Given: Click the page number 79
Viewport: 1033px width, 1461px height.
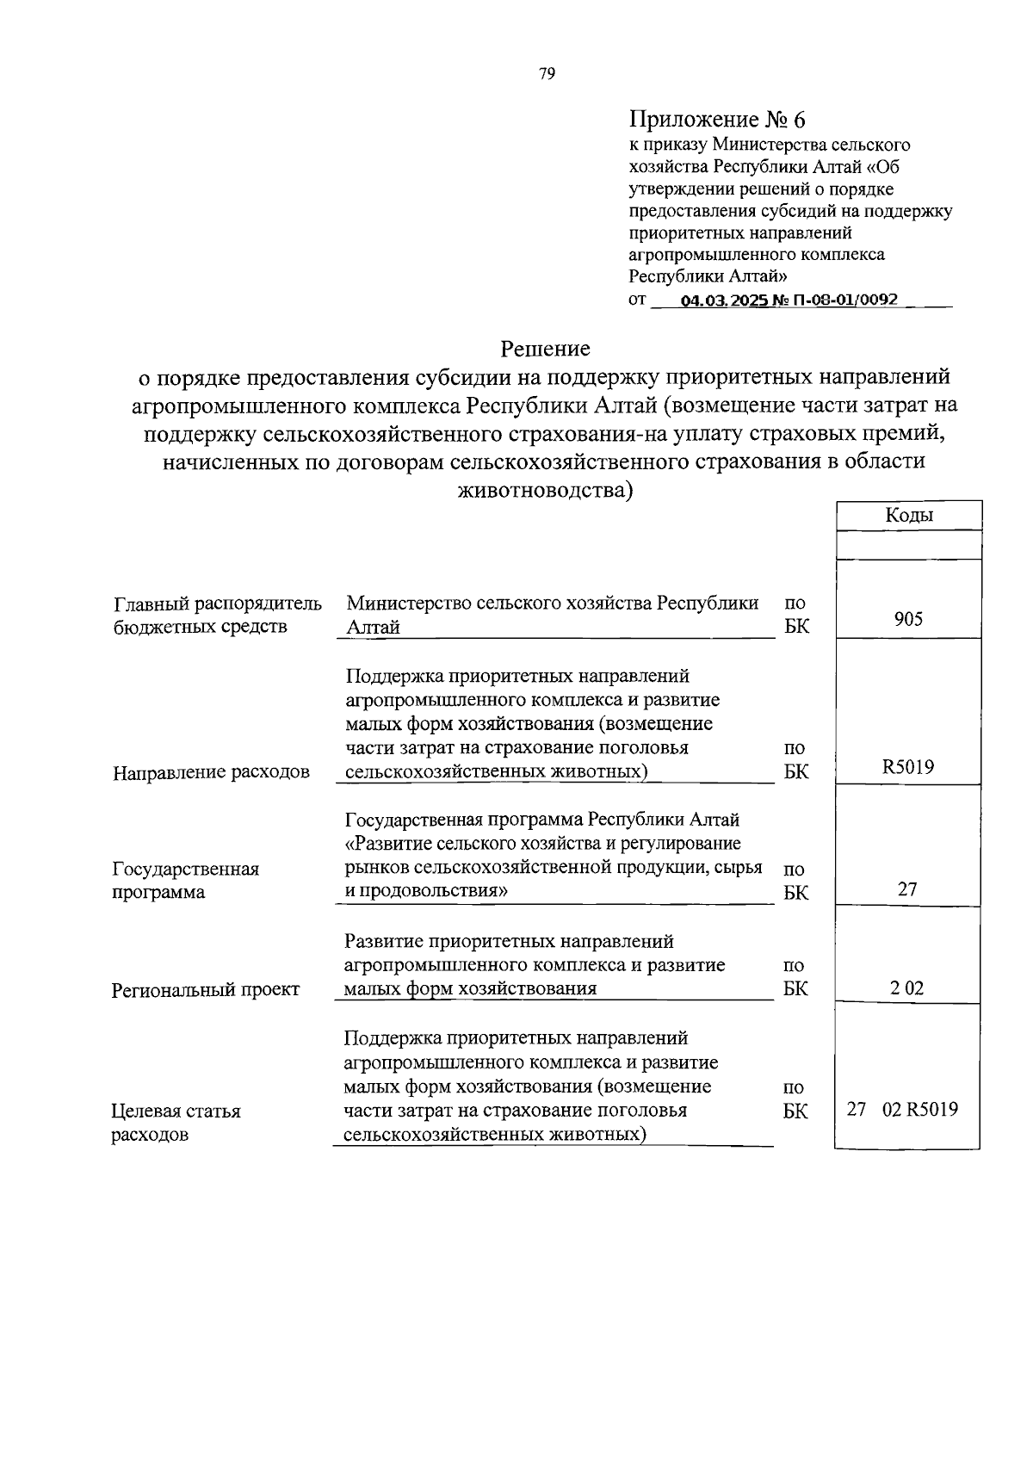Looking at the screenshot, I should tap(547, 74).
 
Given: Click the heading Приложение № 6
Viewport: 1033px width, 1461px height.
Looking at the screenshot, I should tap(718, 119).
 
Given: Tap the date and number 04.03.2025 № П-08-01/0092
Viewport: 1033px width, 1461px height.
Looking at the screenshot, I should tap(789, 300).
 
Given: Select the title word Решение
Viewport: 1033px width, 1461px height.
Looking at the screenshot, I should tap(546, 349).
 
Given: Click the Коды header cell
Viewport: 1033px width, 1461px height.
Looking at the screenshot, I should tap(908, 515).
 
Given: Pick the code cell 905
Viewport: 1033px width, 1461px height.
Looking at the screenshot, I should tap(908, 618).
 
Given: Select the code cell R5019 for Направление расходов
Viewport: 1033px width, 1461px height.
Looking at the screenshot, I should tap(908, 766).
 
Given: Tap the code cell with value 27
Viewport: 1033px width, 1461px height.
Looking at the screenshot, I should tap(908, 888).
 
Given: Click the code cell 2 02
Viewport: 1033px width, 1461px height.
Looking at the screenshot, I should tap(907, 988).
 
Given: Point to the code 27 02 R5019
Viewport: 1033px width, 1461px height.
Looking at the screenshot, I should tap(902, 1110).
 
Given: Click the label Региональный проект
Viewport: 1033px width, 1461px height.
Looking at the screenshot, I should tap(206, 990).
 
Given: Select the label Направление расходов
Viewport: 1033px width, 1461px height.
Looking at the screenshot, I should tap(211, 772).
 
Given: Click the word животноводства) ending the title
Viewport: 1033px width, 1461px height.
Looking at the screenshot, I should tap(547, 491).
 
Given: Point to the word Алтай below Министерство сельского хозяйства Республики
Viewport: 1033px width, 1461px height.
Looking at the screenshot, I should tap(373, 627).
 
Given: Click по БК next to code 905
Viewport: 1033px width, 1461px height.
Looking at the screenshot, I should tap(796, 615).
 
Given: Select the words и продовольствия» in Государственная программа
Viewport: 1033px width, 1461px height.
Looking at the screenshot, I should tap(426, 891).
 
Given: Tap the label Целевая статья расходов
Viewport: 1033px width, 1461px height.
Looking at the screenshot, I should tap(176, 1123).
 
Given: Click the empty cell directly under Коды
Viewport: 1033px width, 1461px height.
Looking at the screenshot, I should tap(908, 544).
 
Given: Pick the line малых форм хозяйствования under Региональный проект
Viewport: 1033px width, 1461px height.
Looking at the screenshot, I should tap(470, 988).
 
